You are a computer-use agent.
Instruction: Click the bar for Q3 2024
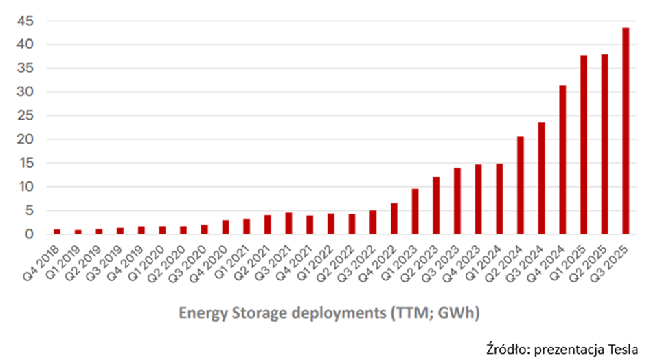(x=541, y=179)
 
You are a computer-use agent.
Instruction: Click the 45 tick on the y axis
(x=25, y=21)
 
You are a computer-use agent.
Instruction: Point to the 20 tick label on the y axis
(x=25, y=139)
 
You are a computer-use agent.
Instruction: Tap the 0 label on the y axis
(x=29, y=234)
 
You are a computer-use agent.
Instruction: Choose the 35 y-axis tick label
(x=25, y=68)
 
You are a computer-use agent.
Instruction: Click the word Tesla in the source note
(x=624, y=350)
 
